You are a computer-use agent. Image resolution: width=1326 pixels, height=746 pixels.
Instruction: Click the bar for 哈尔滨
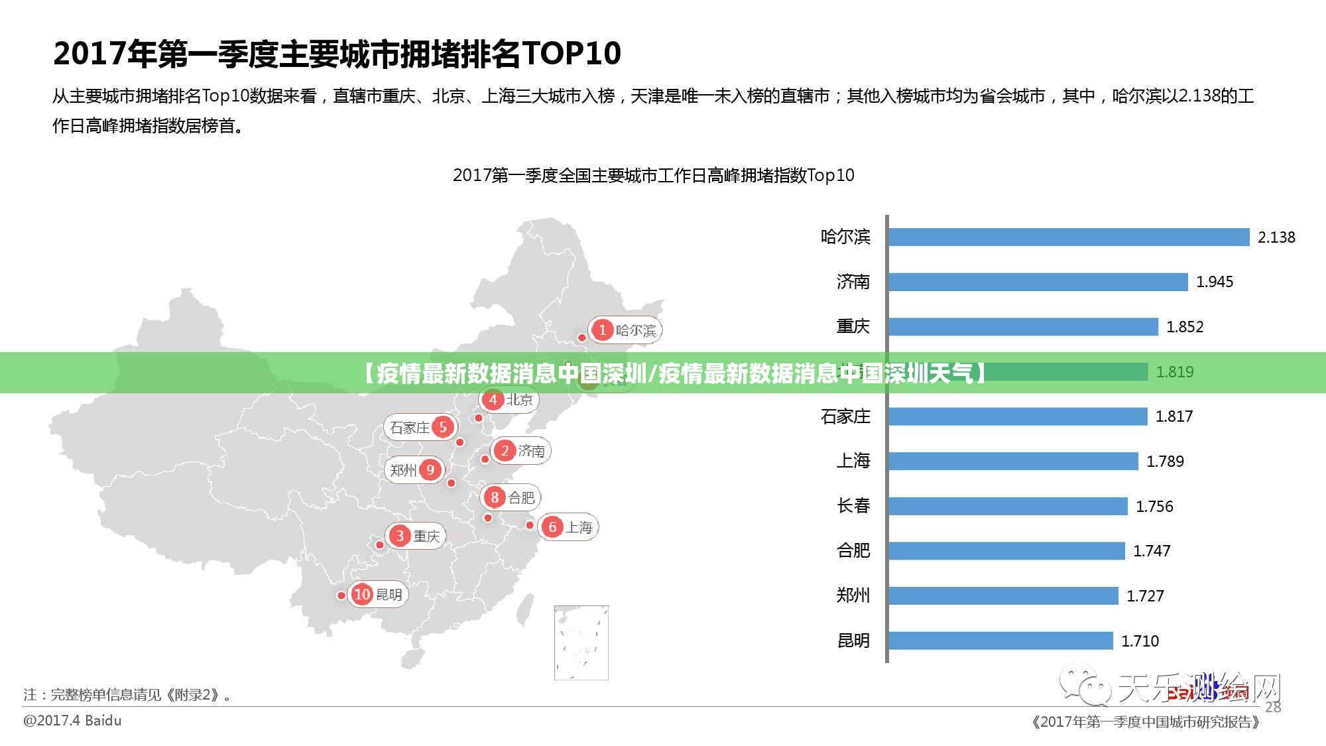[1068, 237]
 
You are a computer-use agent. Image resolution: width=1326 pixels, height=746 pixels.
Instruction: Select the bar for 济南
[1038, 282]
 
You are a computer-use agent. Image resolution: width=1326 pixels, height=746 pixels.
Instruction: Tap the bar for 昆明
[1000, 641]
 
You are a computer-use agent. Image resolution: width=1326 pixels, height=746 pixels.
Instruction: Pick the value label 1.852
[1184, 327]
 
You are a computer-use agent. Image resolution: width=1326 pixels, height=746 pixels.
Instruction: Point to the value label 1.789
[1165, 462]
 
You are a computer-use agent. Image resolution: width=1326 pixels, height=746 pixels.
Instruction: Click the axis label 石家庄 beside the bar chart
[845, 416]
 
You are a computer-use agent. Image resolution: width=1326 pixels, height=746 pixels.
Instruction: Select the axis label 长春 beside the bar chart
[853, 506]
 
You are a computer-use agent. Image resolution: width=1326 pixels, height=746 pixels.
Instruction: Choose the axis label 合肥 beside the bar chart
[853, 550]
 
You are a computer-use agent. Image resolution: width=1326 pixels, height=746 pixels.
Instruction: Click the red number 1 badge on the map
[602, 330]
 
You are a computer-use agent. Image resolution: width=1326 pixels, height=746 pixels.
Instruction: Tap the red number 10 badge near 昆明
[362, 594]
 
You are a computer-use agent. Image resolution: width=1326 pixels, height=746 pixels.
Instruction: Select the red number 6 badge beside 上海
[552, 527]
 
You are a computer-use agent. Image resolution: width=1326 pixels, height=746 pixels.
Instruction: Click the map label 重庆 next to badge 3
[426, 536]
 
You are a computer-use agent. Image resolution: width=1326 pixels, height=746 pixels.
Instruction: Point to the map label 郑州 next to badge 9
[403, 470]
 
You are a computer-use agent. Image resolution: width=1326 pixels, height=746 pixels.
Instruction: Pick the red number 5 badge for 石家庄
[443, 427]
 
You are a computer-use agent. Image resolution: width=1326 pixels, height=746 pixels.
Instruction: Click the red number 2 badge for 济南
[505, 451]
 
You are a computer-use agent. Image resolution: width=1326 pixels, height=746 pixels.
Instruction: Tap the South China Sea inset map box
[581, 642]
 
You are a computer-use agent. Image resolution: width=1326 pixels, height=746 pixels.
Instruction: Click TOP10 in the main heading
[572, 53]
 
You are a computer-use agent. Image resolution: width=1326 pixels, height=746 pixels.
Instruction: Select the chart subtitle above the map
[653, 175]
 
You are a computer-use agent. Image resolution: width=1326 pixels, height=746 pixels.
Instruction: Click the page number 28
[1273, 707]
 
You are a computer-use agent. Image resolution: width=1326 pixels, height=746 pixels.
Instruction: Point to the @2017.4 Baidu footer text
[73, 720]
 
